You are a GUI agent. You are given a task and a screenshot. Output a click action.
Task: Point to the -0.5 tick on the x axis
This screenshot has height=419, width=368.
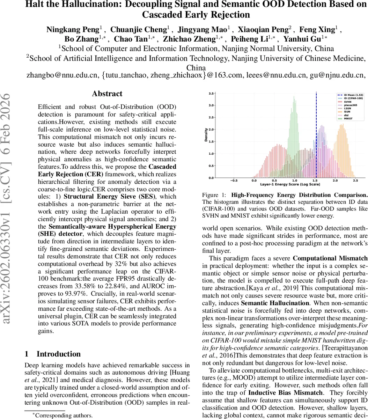click(233, 181)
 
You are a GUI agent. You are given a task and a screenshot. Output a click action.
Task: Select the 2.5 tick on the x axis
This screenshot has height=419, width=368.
click(355, 181)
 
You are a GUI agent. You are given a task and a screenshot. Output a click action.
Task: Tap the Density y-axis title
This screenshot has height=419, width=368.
click(206, 136)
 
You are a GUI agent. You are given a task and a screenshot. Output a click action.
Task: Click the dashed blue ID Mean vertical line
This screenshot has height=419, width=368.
click(316, 140)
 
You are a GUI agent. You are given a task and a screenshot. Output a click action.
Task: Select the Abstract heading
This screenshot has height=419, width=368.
click(107, 94)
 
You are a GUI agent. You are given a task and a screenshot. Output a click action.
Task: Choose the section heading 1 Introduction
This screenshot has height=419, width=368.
click(53, 354)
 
